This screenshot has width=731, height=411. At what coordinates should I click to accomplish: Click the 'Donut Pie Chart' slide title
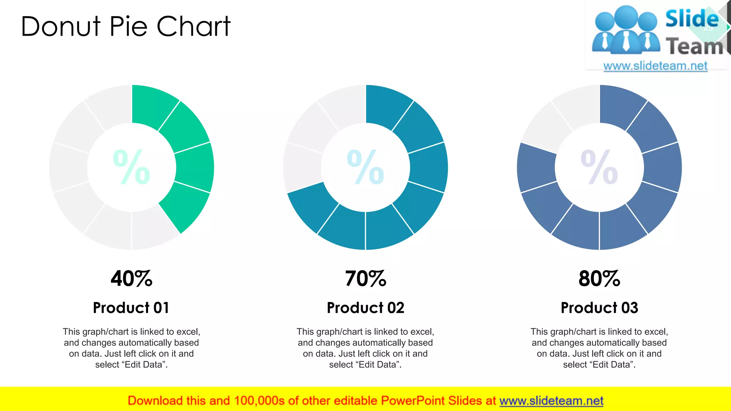pos(126,26)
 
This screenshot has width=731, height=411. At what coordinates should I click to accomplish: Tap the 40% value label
pos(131,279)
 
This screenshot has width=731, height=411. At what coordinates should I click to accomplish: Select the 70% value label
pos(365,279)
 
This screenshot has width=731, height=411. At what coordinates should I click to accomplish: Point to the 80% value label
pos(599,279)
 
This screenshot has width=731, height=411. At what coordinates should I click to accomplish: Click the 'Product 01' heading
pos(131,308)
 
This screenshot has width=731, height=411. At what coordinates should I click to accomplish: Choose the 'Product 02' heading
pos(365,308)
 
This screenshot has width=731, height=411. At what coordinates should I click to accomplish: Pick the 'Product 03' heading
pos(599,308)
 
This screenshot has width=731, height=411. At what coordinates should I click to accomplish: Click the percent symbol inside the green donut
pos(131,167)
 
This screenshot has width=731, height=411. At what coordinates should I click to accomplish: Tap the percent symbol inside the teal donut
pos(365,167)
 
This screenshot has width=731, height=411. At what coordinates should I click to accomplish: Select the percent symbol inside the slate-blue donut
pos(599,167)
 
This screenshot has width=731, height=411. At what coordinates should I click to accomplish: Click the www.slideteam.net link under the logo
pos(655,66)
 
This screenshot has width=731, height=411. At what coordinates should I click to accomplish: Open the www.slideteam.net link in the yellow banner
pos(551,401)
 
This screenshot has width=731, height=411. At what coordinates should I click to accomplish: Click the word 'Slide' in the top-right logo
pos(692,19)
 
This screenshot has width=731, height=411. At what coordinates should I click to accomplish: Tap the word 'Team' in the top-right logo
pos(694,46)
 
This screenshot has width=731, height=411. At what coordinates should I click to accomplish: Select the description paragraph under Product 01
pos(131,348)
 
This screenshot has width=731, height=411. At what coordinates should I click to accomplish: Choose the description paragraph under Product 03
pos(599,348)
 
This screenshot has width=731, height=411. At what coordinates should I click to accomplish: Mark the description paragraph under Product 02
pos(365,348)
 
